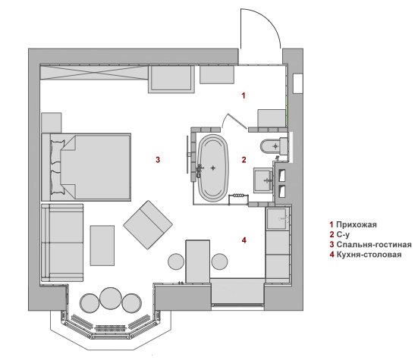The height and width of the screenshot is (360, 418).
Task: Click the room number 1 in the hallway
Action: (x=243, y=95)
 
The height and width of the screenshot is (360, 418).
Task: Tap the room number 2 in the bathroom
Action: (x=244, y=160)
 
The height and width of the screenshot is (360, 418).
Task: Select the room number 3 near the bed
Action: (x=158, y=160)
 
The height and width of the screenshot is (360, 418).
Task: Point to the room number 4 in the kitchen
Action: (x=244, y=240)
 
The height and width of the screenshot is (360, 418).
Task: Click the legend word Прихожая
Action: (x=357, y=224)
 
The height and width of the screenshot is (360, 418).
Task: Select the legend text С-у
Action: (x=343, y=235)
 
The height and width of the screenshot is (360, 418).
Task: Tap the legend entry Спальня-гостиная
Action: (x=374, y=245)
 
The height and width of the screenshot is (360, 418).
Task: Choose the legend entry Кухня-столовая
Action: (x=369, y=255)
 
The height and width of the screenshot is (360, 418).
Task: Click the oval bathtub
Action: (x=213, y=168)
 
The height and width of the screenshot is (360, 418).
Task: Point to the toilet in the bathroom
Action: (x=274, y=146)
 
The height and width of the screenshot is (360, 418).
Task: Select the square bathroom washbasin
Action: (x=263, y=180)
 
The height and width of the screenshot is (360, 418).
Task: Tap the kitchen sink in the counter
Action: (x=277, y=218)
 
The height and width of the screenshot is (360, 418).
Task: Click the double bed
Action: (x=86, y=167)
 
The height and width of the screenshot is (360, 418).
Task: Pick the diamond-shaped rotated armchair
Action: (x=148, y=225)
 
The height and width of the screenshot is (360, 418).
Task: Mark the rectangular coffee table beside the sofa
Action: (x=102, y=246)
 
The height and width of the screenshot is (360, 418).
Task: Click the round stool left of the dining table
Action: (x=176, y=261)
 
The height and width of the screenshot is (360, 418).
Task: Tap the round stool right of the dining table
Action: (x=219, y=261)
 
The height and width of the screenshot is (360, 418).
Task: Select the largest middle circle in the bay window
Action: (x=110, y=298)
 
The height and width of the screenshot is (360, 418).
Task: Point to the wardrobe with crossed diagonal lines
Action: (x=94, y=73)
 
